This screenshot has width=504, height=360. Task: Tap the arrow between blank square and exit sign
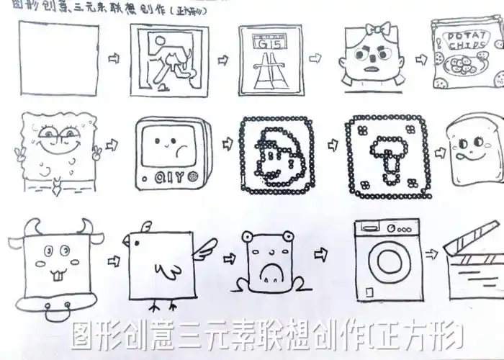click(x=113, y=58)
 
